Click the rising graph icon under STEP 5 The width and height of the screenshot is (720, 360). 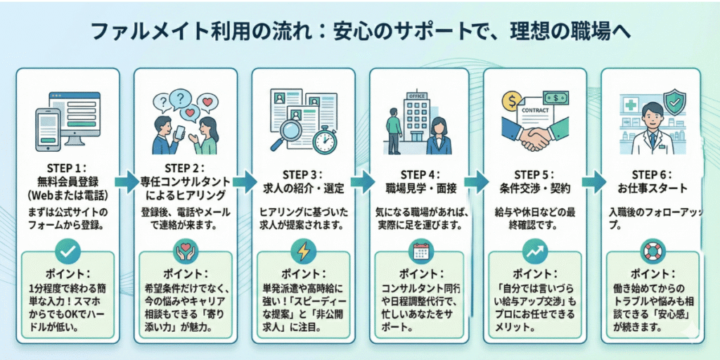point(536,251)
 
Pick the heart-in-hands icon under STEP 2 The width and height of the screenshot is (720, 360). point(185,251)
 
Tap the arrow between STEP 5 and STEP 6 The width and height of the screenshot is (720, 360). point(591,181)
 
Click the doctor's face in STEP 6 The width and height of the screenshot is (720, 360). point(651,115)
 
